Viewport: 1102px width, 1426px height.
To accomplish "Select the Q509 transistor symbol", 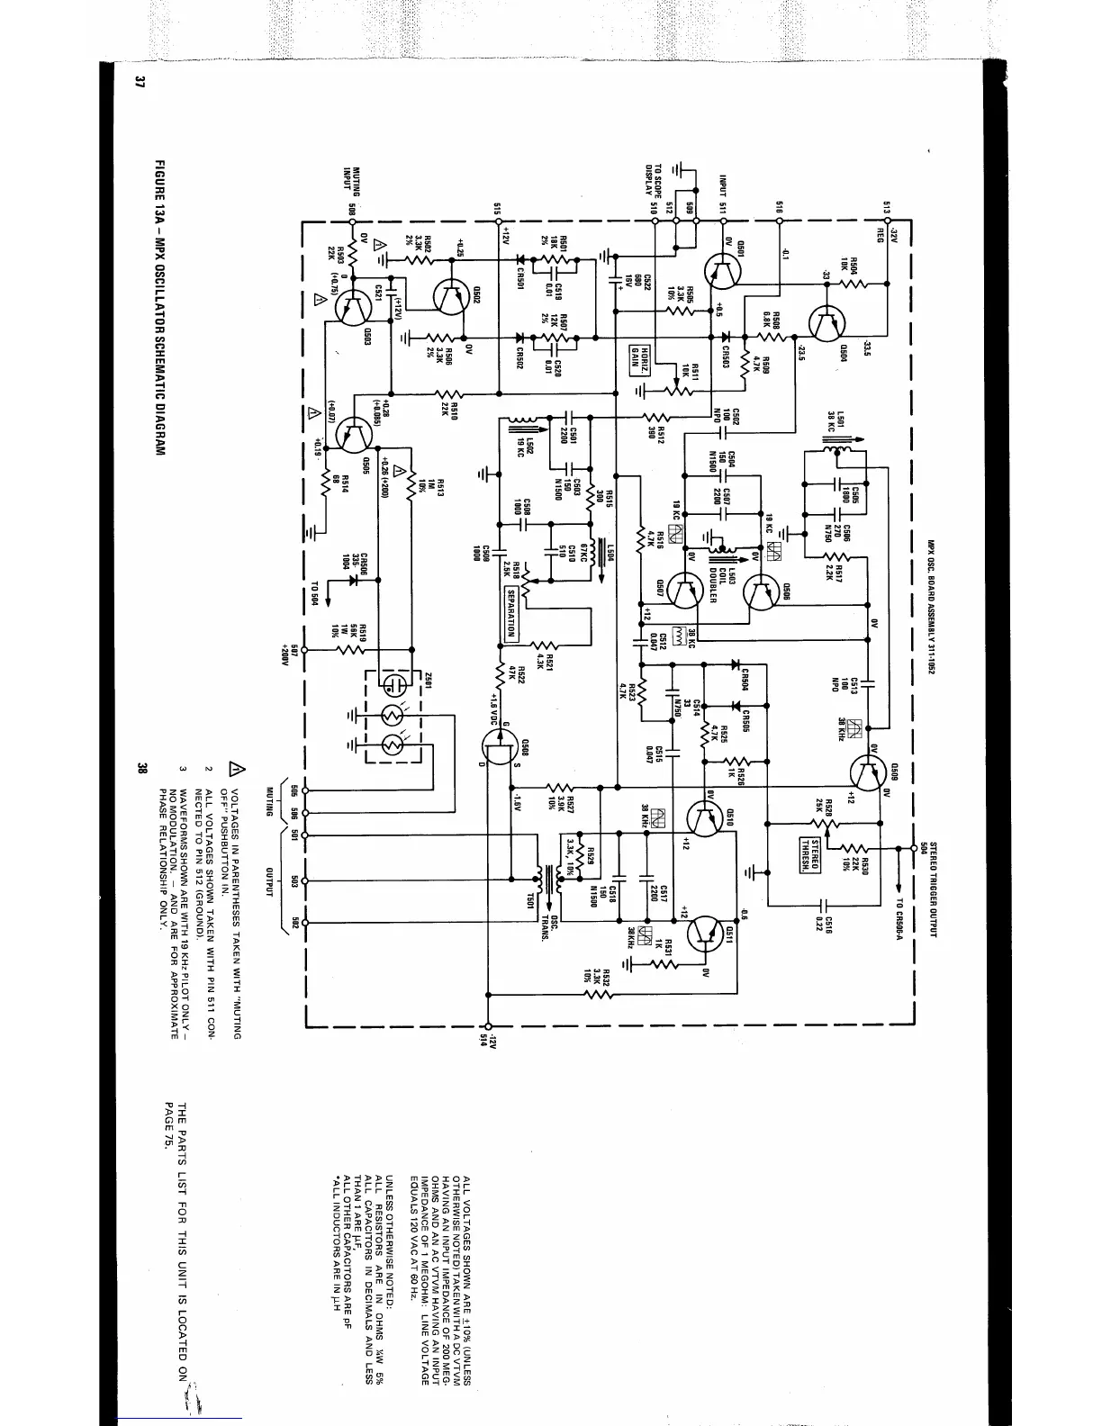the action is [x=867, y=772].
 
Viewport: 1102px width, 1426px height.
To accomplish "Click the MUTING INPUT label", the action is [x=350, y=185].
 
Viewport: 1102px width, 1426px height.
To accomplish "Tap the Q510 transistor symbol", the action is [x=704, y=816].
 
